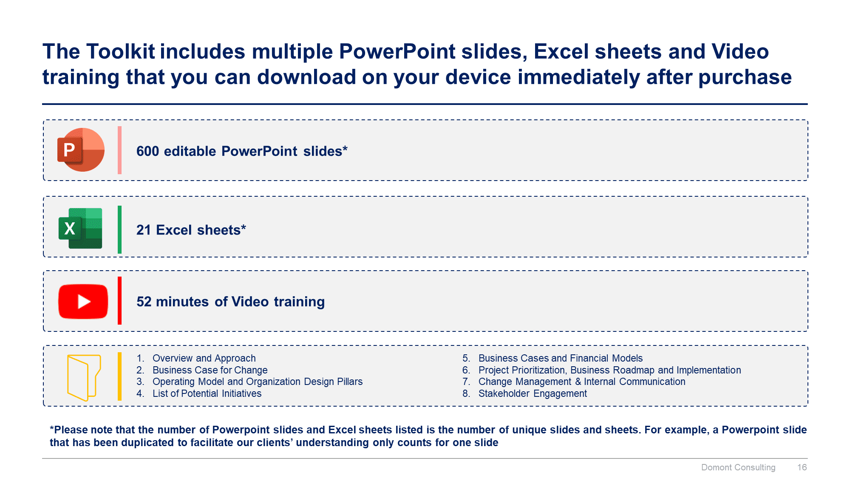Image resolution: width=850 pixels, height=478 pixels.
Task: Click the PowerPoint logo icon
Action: tap(81, 150)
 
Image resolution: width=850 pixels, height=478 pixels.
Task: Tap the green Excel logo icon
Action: tap(80, 228)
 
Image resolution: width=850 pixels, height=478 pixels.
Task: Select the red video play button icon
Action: tap(83, 301)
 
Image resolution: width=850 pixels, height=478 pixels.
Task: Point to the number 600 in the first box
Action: tap(147, 151)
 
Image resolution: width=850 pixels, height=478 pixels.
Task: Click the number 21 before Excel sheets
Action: tap(144, 230)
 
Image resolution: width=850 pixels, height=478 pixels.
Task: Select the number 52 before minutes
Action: tap(144, 302)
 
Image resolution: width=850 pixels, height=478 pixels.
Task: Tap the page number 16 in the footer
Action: tap(802, 467)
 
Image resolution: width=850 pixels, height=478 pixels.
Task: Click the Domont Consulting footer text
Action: tap(738, 467)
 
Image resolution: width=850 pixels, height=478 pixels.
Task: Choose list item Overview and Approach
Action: tap(204, 358)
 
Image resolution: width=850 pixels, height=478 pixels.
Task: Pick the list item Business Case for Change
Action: tap(210, 370)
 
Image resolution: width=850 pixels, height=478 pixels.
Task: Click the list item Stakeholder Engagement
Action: tap(533, 393)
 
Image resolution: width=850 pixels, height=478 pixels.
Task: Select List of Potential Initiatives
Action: tap(207, 393)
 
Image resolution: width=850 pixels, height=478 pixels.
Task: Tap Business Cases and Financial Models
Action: tap(561, 358)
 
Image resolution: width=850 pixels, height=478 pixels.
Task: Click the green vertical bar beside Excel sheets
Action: tap(120, 229)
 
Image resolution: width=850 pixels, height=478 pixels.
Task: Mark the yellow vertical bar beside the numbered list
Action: tap(120, 376)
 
